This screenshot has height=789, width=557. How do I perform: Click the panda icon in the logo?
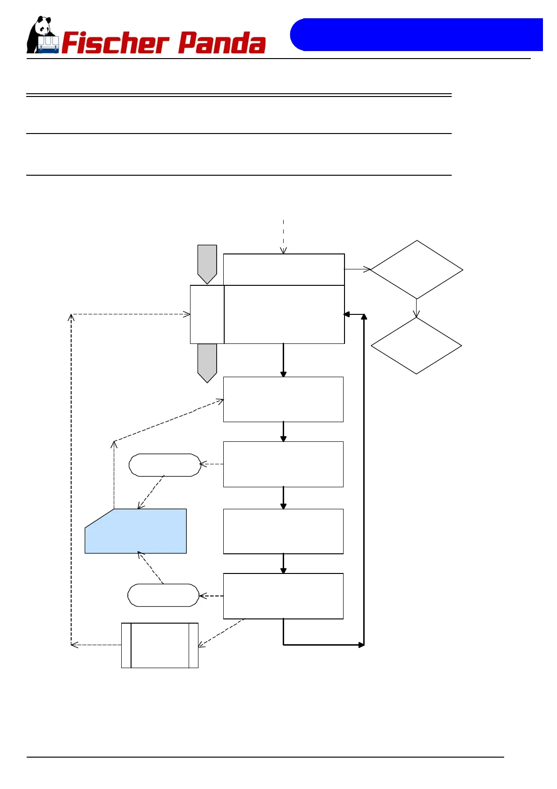tap(42, 35)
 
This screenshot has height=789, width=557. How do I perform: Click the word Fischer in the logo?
tap(115, 43)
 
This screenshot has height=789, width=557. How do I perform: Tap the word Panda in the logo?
tap(222, 43)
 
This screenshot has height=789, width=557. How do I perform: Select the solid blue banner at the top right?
tap(417, 35)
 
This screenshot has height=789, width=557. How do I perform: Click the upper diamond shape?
tap(417, 270)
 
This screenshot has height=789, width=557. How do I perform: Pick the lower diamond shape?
tap(416, 346)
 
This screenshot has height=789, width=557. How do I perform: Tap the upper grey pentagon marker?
tap(207, 263)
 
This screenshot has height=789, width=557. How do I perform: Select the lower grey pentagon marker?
tap(207, 362)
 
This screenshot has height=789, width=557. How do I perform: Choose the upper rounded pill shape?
tap(165, 465)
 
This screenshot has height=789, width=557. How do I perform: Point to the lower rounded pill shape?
tap(163, 595)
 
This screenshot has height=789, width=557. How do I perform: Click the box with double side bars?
tap(160, 645)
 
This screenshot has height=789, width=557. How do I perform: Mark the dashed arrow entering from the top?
tap(283, 237)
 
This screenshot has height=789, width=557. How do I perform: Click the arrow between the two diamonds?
tap(416, 308)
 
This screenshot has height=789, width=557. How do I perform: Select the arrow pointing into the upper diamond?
tap(358, 269)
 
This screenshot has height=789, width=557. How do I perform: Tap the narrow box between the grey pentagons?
tap(207, 314)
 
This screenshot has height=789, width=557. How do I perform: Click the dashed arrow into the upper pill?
tap(212, 464)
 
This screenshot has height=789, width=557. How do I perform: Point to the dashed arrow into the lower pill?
tap(211, 596)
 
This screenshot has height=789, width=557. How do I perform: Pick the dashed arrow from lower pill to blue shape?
tap(150, 568)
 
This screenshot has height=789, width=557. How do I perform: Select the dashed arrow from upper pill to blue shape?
tap(151, 492)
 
